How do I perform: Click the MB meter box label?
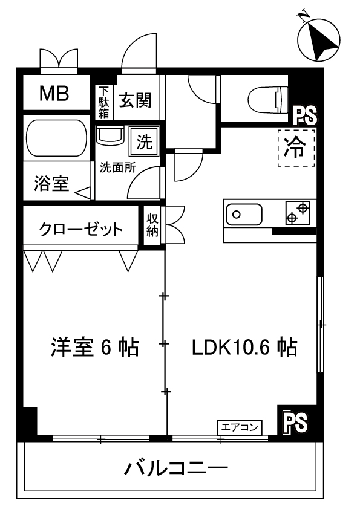tap(54, 94)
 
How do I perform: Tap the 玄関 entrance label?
tap(136, 100)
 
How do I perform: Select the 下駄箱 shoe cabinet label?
tap(103, 102)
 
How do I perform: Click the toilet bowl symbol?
tap(267, 98)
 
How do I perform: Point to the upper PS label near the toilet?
tap(305, 116)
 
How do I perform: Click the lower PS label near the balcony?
tap(296, 422)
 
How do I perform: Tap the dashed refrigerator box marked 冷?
tap(296, 148)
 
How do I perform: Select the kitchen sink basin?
tap(244, 214)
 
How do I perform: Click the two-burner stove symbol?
tap(298, 213)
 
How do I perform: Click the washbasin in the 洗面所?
tap(110, 136)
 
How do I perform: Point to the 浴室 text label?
tap(51, 183)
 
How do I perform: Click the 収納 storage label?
tap(152, 225)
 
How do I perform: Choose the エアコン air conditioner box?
tap(240, 427)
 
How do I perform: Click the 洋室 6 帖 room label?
tap(94, 348)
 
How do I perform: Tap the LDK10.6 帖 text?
tap(244, 348)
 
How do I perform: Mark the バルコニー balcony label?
tap(177, 468)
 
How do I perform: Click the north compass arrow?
tap(318, 40)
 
